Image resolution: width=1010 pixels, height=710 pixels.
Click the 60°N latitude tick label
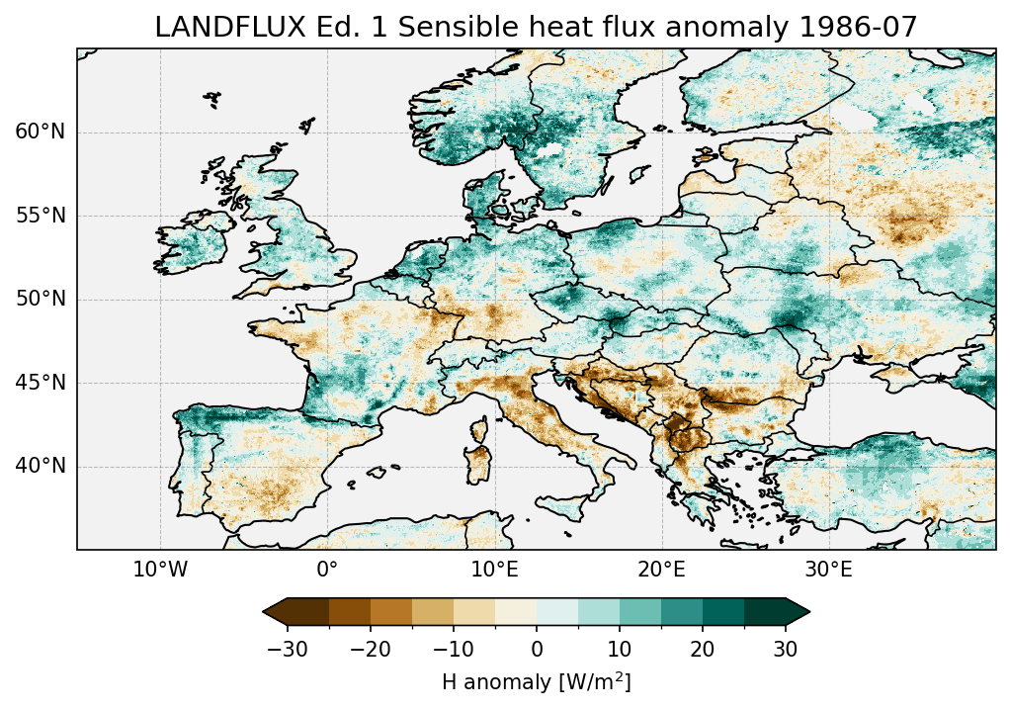(x=41, y=133)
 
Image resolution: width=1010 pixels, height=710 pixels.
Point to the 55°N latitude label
(x=41, y=216)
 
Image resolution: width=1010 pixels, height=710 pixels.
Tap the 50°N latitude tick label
(x=41, y=300)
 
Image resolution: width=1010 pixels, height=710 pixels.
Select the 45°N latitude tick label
(x=41, y=383)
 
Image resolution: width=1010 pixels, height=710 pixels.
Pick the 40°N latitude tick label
(x=41, y=466)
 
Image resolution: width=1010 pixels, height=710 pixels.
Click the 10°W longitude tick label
(x=160, y=571)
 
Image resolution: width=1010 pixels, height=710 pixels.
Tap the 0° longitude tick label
(x=327, y=571)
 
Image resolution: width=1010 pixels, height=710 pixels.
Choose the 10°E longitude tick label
(x=494, y=571)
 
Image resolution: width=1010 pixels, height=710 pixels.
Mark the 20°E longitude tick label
(x=661, y=571)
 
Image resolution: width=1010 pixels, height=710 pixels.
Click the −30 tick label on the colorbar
(x=288, y=649)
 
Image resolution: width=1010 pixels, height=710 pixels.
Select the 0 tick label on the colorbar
(x=537, y=649)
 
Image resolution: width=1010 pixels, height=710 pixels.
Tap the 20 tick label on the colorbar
(x=703, y=649)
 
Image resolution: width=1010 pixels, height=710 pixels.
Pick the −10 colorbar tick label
(x=453, y=649)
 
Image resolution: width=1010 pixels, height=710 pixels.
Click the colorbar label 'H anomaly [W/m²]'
(x=536, y=681)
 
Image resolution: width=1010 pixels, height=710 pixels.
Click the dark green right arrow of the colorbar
(x=798, y=612)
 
